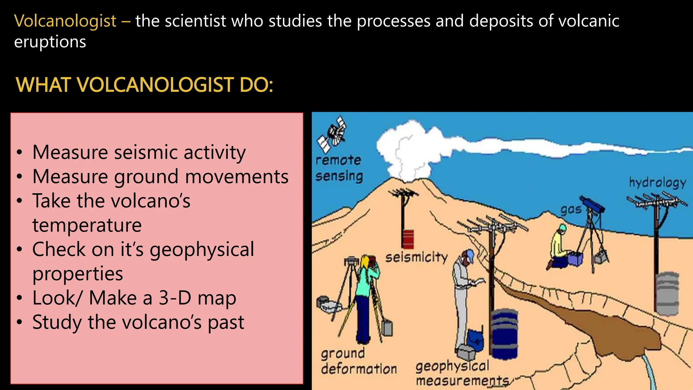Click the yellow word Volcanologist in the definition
[x=65, y=21]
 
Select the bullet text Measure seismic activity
[x=139, y=152]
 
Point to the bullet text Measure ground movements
[x=160, y=176]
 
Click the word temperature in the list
[x=87, y=225]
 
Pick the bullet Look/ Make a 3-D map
[x=134, y=298]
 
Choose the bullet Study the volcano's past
[x=138, y=322]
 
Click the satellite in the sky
[x=333, y=134]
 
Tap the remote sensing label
[x=339, y=168]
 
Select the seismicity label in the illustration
[x=416, y=257]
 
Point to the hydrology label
[x=657, y=182]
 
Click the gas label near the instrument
[x=571, y=210]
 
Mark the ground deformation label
[x=358, y=361]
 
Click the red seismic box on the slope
[x=408, y=239]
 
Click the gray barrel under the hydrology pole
[x=667, y=293]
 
